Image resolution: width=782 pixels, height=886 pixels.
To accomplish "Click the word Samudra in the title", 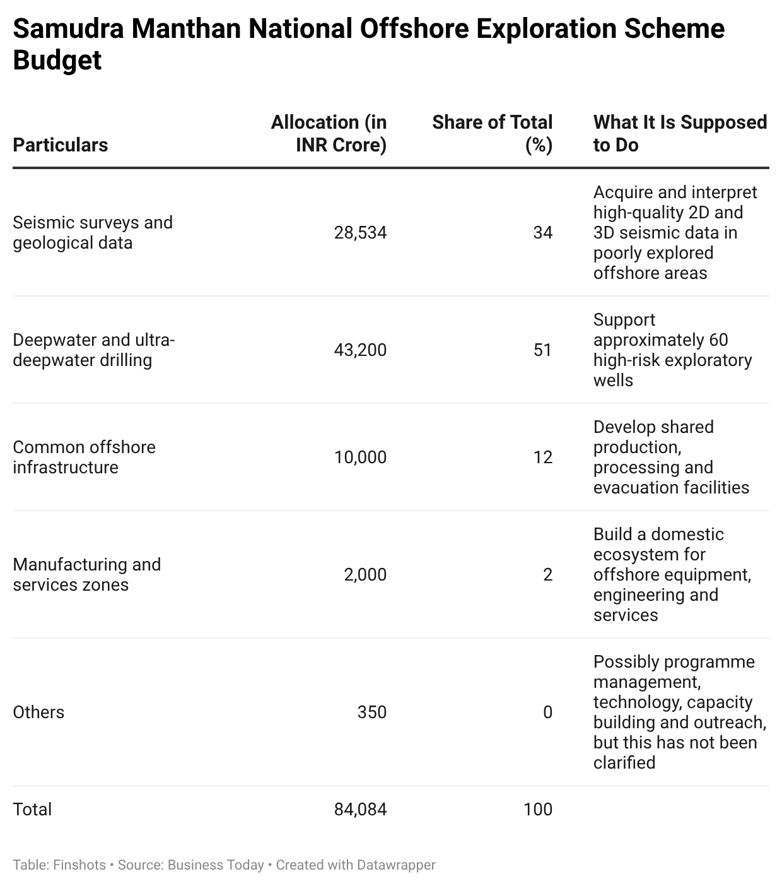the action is (x=68, y=29).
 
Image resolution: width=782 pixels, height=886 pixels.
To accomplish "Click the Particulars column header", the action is (x=61, y=145).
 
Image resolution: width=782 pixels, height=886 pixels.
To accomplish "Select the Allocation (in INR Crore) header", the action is (x=329, y=133).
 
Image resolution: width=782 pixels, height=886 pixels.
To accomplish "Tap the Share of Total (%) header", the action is (x=492, y=133).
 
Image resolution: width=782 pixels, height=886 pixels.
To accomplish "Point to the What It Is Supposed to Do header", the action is (x=680, y=133).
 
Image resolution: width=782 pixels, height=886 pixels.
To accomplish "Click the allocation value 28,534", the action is (x=360, y=233).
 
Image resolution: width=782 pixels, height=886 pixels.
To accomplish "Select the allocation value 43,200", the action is (x=360, y=350).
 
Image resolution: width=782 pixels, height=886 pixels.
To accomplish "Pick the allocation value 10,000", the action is (x=360, y=457).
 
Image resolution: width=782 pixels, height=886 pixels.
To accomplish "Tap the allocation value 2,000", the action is (x=365, y=574).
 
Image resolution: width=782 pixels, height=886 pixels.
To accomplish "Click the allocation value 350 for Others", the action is (x=372, y=712).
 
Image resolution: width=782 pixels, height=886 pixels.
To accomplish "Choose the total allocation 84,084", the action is (x=360, y=810).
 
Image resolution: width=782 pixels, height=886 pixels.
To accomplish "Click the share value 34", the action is (x=543, y=233).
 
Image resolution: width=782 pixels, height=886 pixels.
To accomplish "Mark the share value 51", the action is (x=543, y=350).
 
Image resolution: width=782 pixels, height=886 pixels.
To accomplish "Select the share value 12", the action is (x=543, y=457).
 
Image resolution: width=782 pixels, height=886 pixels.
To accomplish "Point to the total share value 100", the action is (x=538, y=810).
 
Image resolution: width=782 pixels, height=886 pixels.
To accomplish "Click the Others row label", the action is (x=38, y=712).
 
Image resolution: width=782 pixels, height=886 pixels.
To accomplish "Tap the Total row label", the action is (x=32, y=810).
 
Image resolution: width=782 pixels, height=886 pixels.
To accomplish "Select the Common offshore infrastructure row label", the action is (x=84, y=457).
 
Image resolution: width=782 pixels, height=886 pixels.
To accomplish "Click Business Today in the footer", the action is (x=216, y=865).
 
